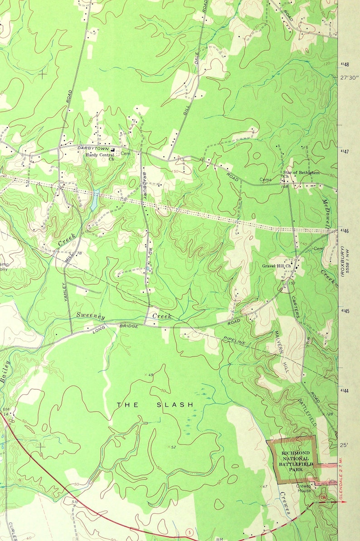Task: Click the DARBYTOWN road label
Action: coord(91,148)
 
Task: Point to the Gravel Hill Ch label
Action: coord(276,266)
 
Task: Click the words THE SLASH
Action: coord(155,404)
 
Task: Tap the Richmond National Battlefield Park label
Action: coord(295,462)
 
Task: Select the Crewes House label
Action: coord(304,488)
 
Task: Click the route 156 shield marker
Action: coord(322,498)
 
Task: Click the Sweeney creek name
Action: coord(91,317)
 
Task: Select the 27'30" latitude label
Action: coord(350,77)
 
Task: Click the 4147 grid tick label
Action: coord(345,151)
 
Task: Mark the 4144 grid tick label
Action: coord(345,391)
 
